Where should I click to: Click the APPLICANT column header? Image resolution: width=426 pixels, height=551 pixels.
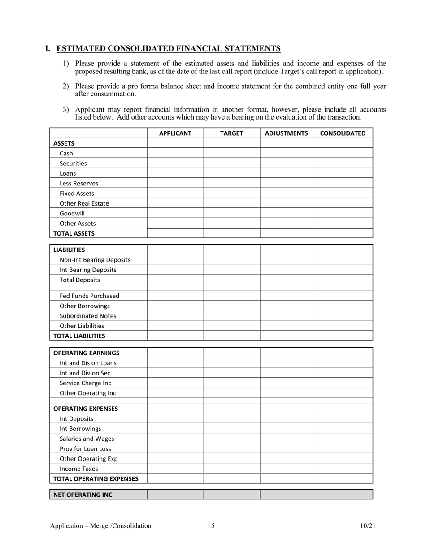(175, 133)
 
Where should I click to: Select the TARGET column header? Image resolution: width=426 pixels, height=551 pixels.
(231, 133)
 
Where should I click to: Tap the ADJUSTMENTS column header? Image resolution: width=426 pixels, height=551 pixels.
(287, 133)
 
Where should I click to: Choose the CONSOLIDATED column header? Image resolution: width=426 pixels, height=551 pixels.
(343, 133)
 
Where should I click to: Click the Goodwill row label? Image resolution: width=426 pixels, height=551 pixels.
(72, 213)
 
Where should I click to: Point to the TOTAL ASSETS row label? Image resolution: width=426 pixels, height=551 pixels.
(74, 233)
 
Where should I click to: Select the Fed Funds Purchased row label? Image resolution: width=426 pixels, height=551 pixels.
(89, 296)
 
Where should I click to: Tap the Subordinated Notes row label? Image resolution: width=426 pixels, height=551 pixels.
(88, 316)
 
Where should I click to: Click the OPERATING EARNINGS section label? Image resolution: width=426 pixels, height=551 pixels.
(86, 353)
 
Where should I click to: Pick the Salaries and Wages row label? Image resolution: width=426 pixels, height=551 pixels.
(87, 439)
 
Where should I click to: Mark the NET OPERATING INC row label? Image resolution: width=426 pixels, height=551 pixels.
(83, 495)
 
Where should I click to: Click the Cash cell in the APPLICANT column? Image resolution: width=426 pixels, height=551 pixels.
(175, 153)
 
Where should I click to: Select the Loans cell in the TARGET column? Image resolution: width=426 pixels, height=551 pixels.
(231, 173)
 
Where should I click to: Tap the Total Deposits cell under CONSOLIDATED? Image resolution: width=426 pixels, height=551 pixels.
(343, 280)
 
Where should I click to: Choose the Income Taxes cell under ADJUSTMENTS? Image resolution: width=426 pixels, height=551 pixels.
(287, 469)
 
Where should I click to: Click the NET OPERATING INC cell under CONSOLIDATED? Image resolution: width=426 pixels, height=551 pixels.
(343, 495)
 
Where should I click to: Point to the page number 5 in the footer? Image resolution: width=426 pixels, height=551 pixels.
(213, 526)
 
